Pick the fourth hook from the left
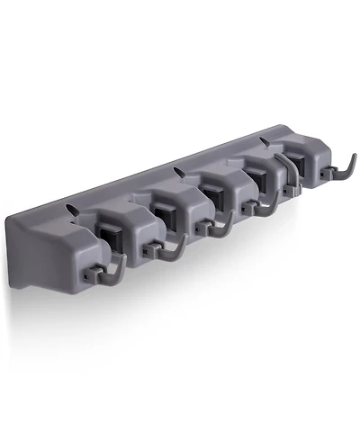264,205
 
